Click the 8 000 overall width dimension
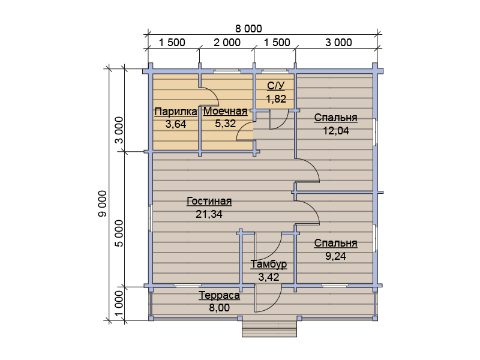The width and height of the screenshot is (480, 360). [248, 29]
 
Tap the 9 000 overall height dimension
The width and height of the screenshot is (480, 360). [103, 203]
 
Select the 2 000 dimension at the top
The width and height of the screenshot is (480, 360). [227, 43]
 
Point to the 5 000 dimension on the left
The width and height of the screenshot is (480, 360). [119, 233]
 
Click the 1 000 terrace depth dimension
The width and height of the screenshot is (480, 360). [119, 304]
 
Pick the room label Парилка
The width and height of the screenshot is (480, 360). [176, 112]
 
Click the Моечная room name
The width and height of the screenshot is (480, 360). [226, 111]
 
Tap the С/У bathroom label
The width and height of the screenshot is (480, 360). [276, 86]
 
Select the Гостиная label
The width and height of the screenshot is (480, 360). [209, 201]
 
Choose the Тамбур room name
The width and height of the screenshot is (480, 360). [269, 264]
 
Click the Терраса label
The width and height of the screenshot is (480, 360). [219, 295]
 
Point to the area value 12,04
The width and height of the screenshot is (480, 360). [336, 131]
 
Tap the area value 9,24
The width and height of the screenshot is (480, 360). [335, 256]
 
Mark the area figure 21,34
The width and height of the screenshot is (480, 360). [209, 214]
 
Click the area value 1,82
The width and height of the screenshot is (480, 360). [276, 99]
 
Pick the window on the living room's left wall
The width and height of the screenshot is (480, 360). [151, 217]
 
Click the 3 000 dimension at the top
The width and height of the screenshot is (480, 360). [338, 43]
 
